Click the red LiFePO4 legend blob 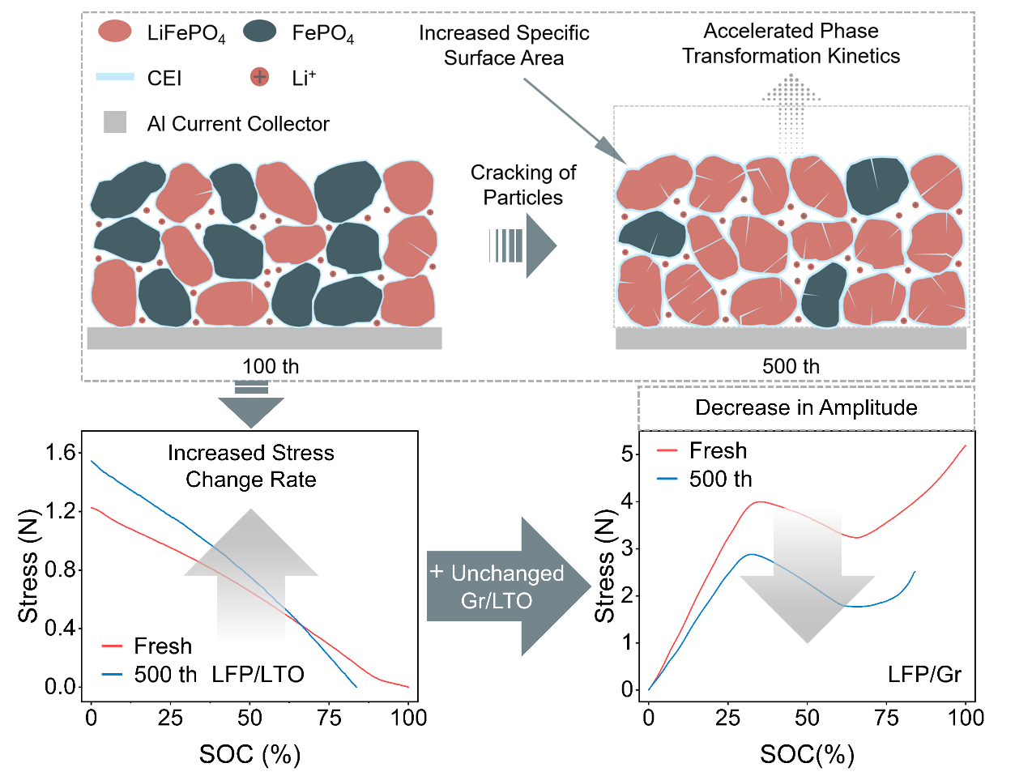tap(114, 32)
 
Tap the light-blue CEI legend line tap(114, 77)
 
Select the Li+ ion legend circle tap(259, 77)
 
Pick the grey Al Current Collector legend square tap(115, 122)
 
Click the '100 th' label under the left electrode tap(271, 366)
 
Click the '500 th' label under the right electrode tap(791, 366)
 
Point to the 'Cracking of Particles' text tap(522, 185)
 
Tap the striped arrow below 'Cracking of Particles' tap(522, 245)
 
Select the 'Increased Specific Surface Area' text tap(503, 45)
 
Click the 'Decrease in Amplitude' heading tap(806, 407)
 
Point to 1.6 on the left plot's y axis tap(61, 452)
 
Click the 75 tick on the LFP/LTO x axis tap(329, 718)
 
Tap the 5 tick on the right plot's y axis tap(627, 454)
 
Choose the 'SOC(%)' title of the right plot tap(807, 755)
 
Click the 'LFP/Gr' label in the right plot tap(924, 674)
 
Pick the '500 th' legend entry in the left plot tap(165, 674)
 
